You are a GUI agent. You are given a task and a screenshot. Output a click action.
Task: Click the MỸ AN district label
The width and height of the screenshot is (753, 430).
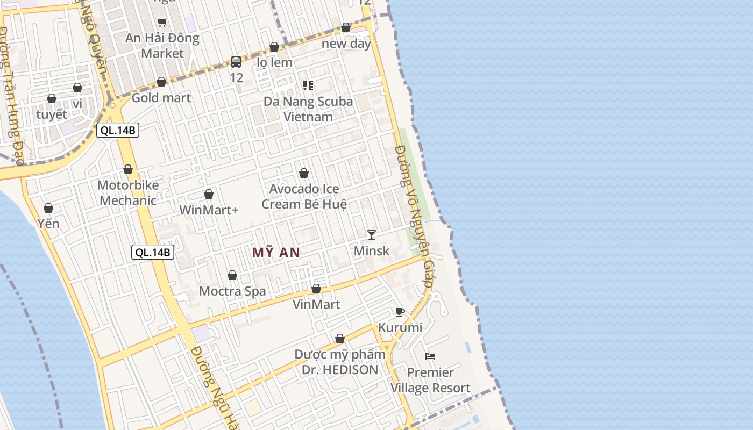click(x=276, y=253)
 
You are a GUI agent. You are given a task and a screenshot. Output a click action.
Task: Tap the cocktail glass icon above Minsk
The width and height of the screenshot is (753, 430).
click(x=371, y=234)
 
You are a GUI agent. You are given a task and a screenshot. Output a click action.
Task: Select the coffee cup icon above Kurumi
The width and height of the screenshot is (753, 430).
click(x=400, y=312)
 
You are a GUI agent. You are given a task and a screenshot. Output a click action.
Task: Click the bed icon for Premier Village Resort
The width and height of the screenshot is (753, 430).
click(x=430, y=356)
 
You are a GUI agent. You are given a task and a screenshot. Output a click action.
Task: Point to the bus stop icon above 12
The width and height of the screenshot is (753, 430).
click(x=236, y=62)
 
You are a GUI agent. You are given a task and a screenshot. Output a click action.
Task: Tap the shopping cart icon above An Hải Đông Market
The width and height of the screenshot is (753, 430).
click(x=162, y=22)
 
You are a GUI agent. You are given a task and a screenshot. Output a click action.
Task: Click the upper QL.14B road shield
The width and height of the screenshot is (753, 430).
click(x=118, y=130)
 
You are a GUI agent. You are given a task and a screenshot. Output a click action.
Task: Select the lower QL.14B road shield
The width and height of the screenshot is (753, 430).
click(x=153, y=252)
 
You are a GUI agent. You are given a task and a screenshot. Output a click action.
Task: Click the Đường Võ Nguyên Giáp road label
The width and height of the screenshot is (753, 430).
click(x=414, y=215)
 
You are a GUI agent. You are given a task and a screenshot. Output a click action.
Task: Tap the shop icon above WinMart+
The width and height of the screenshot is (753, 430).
click(x=209, y=194)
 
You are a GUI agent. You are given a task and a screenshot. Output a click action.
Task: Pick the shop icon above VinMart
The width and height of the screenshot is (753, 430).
click(x=316, y=289)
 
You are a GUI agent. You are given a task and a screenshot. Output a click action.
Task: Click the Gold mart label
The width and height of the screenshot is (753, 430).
click(x=161, y=98)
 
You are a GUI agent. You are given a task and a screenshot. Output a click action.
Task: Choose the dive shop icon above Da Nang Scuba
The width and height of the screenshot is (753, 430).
click(x=308, y=85)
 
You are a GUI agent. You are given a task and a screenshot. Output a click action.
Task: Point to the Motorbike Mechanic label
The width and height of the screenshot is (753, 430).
click(x=128, y=193)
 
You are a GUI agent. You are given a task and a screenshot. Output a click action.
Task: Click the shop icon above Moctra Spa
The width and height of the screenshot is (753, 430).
click(x=232, y=275)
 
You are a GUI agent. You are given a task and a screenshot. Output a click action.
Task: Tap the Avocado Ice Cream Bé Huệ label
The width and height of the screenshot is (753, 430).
click(x=304, y=196)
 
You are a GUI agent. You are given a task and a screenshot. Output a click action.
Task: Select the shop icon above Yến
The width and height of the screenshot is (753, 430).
click(x=48, y=208)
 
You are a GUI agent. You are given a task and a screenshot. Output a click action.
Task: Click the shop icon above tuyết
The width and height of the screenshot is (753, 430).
click(x=52, y=98)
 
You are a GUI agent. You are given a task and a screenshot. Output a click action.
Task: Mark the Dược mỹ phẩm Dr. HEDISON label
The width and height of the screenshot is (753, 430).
click(x=340, y=362)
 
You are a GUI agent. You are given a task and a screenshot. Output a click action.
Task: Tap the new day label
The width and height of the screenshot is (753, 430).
click(x=346, y=44)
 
